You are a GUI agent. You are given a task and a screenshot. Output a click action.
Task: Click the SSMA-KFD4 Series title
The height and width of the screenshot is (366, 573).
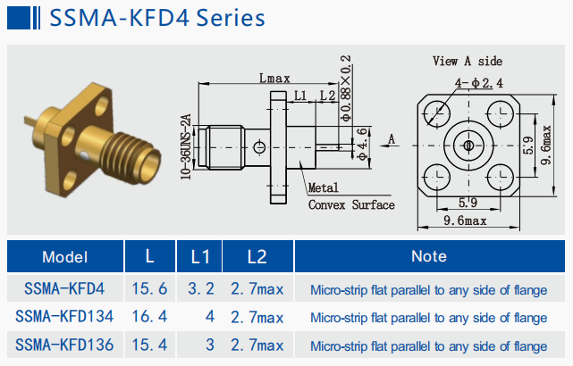[x=157, y=18]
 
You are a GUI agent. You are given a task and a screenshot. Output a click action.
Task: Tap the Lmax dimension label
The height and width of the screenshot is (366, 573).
[x=274, y=78]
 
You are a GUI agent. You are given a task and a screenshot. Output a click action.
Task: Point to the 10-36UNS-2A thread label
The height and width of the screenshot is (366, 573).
[x=186, y=146]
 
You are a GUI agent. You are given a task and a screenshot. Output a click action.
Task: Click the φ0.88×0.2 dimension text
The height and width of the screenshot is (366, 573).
[x=345, y=88]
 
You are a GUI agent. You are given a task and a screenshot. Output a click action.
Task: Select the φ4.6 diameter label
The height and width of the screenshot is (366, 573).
[x=361, y=145]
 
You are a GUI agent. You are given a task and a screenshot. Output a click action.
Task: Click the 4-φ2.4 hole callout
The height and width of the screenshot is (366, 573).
[x=479, y=83]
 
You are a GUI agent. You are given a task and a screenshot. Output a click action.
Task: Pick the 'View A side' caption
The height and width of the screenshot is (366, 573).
[x=468, y=61]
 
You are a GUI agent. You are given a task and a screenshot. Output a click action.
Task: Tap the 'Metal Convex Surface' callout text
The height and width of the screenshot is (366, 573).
[x=351, y=196]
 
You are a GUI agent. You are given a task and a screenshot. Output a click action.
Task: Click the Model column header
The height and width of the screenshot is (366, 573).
[x=65, y=257]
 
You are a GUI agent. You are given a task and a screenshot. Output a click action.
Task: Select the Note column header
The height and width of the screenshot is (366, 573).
[x=429, y=256]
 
